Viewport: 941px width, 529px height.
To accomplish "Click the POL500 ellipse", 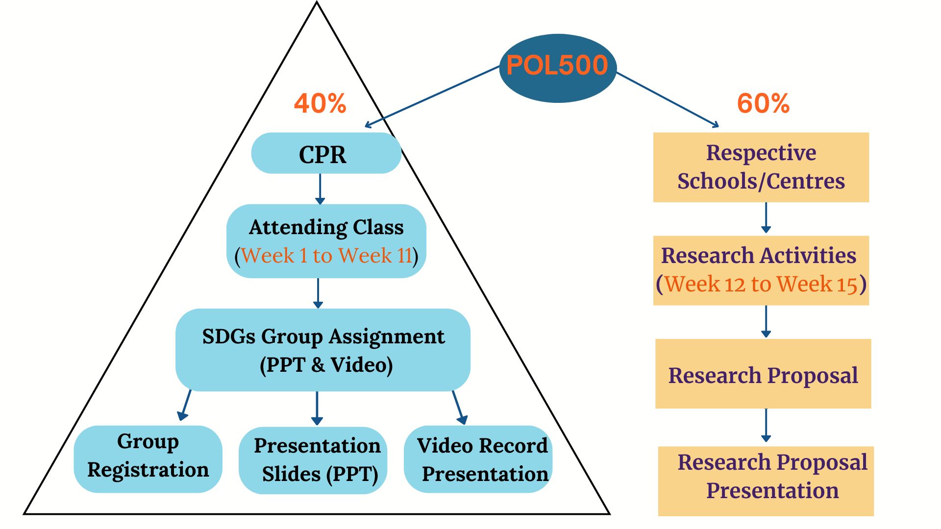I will (557, 68).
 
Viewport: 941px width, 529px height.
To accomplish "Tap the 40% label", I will (320, 103).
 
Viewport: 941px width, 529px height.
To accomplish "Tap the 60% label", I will (763, 103).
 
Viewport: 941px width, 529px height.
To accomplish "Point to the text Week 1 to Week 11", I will (326, 256).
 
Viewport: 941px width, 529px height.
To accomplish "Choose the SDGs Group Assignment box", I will (322, 349).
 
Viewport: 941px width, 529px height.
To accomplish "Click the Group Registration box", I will (148, 458).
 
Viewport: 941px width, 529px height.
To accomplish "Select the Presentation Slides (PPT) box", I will (313, 460).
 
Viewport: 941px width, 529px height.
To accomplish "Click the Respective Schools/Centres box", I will (761, 167).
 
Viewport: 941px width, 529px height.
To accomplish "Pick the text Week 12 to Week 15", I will (761, 284).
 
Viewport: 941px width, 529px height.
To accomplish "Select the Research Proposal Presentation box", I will (766, 481).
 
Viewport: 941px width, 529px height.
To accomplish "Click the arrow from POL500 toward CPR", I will (431, 96).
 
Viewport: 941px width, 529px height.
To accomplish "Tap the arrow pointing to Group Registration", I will (185, 405).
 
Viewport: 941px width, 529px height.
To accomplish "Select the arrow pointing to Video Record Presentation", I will (458, 407).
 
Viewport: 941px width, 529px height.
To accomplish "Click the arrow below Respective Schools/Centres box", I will (766, 217).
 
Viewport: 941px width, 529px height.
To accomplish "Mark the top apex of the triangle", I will (317, 3).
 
